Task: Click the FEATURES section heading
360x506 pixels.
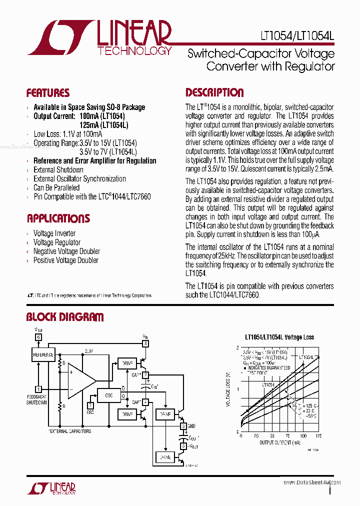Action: tap(48, 93)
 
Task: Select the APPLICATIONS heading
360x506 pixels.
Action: tap(58, 218)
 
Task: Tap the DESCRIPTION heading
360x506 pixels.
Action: tap(215, 92)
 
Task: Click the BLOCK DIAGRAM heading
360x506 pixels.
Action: tap(65, 317)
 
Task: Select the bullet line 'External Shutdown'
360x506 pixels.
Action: tap(58, 170)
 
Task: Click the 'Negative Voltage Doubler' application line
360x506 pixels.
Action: tap(66, 251)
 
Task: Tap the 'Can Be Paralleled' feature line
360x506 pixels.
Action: tap(56, 188)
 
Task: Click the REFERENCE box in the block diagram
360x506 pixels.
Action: tap(43, 354)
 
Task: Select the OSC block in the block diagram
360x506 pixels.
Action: tap(109, 395)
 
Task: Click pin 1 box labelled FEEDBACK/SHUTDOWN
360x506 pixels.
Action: tap(38, 388)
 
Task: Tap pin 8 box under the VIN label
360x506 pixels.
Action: tap(145, 343)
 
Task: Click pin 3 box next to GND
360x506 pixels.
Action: tap(183, 426)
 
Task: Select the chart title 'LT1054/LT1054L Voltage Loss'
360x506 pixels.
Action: tap(279, 337)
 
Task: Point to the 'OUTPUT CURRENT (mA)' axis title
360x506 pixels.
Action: tap(280, 442)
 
